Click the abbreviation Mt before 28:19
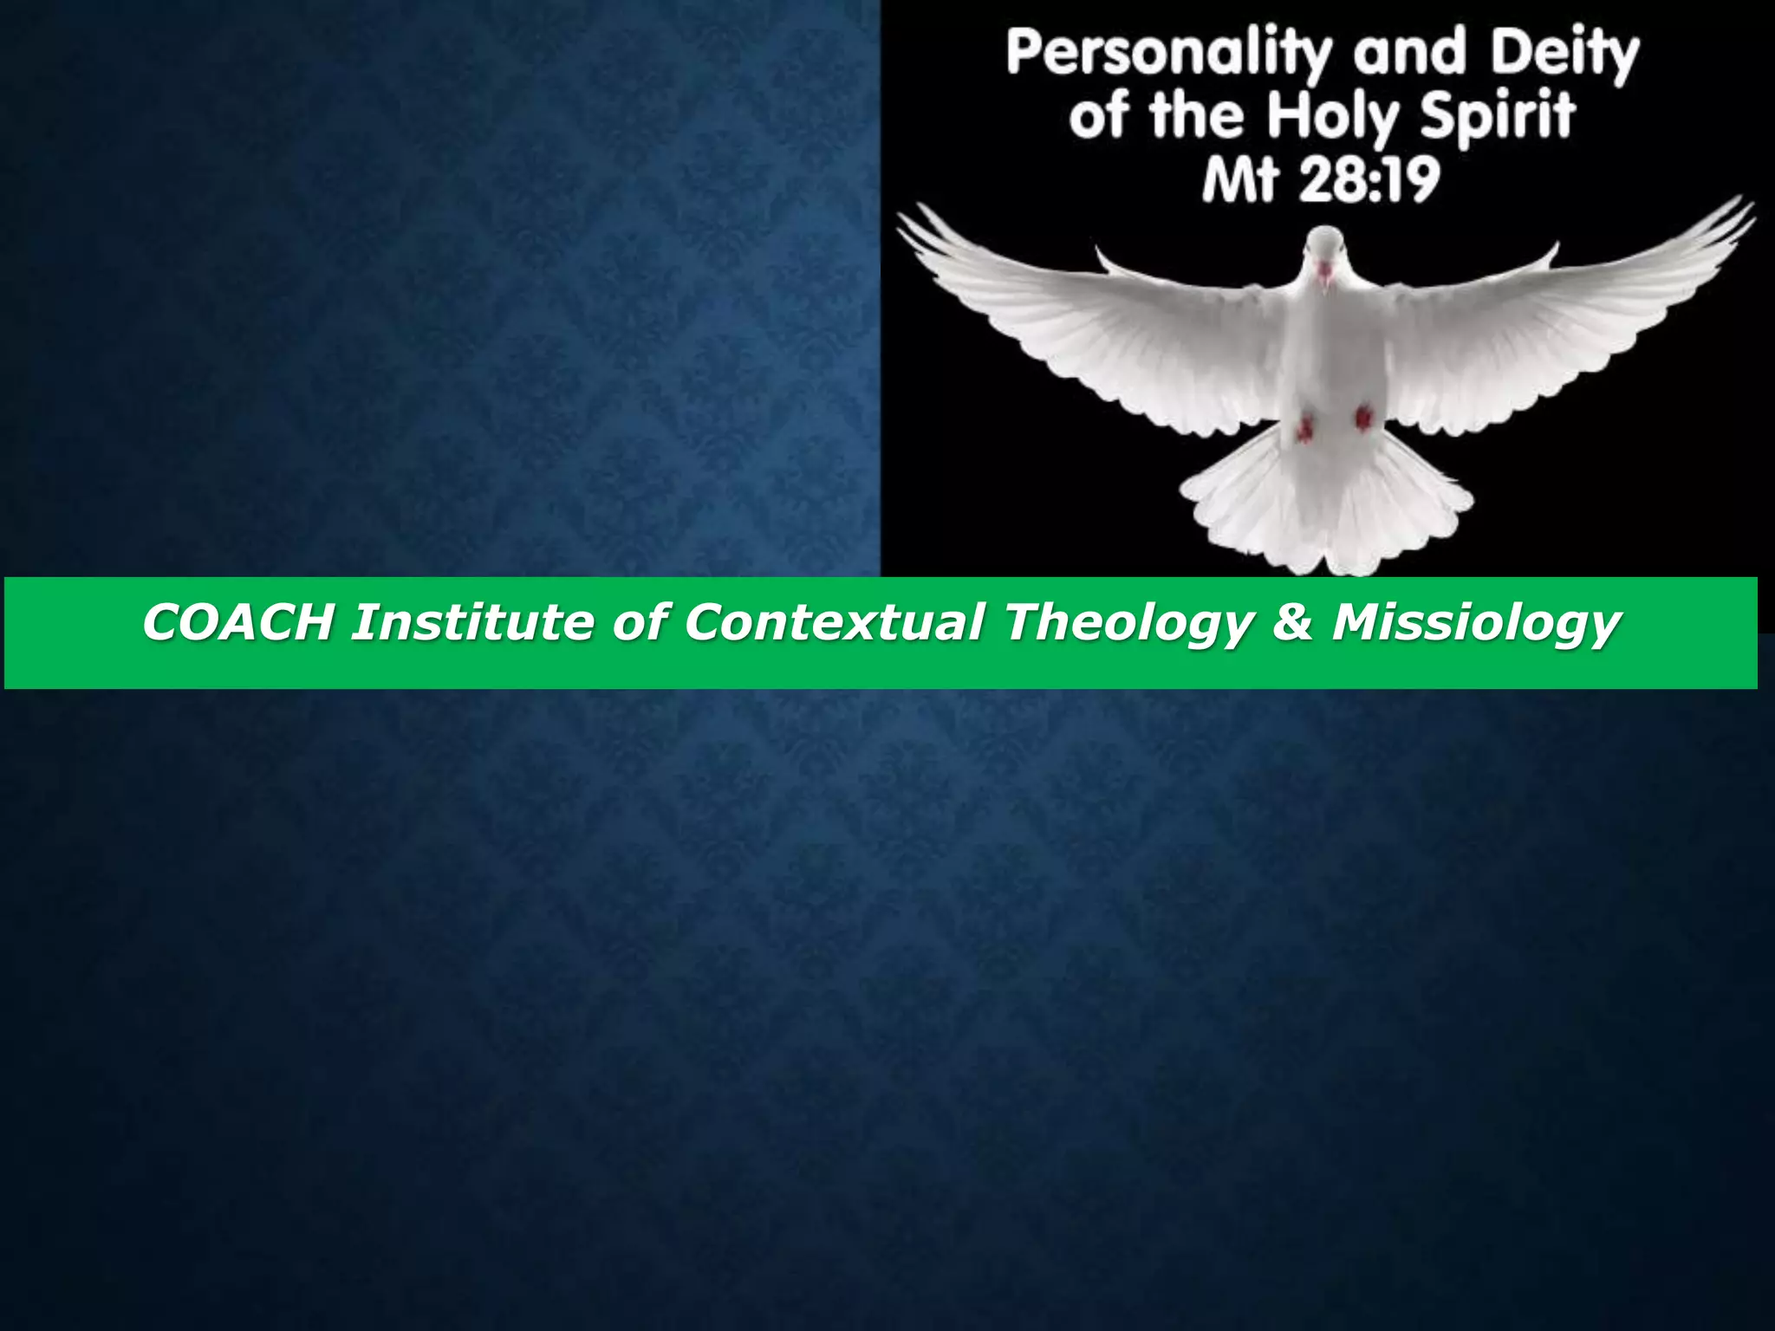coord(1238,182)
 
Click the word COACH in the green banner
coord(237,622)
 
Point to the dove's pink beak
coord(1325,270)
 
